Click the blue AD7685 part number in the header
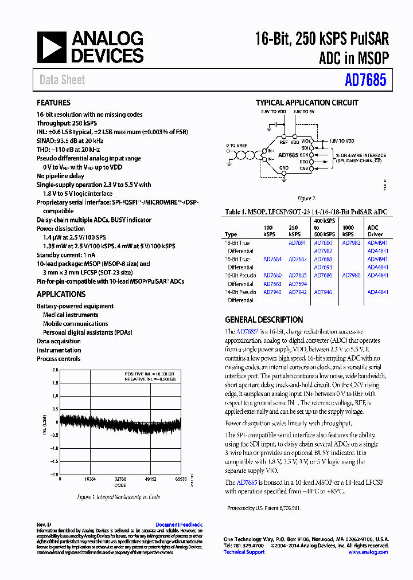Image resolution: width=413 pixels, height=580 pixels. coord(366,80)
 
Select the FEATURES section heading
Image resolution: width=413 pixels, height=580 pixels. coord(54,103)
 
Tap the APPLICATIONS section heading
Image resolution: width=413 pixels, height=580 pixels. coord(61,294)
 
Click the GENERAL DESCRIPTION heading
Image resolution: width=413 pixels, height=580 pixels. coord(264,320)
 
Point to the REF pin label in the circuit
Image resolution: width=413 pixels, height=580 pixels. coord(283,141)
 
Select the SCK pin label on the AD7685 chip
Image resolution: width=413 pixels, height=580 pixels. coord(303,155)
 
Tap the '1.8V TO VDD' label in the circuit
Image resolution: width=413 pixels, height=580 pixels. coord(342,140)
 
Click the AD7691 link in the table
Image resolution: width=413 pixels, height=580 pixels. coord(297,243)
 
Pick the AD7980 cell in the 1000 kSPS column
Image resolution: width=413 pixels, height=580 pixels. coord(351,275)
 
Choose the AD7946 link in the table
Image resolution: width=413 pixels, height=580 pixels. coord(323,292)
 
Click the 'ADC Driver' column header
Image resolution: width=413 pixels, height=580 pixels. coord(373,230)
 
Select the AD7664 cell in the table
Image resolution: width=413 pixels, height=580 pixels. coord(272,259)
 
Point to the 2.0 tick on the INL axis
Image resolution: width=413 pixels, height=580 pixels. coord(55,370)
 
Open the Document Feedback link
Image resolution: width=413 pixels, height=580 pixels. coord(178,524)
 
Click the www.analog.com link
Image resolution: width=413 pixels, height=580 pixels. coord(368,552)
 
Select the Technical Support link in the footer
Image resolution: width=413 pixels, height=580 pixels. coord(244,552)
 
